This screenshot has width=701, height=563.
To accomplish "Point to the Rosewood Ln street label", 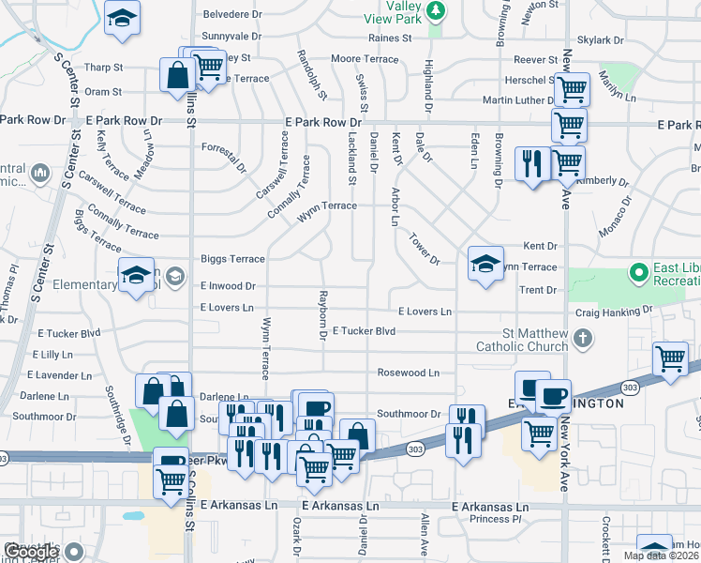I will point(409,373).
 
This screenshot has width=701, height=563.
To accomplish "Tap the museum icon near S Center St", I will point(40,174).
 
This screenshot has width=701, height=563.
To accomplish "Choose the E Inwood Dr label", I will point(228,285).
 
